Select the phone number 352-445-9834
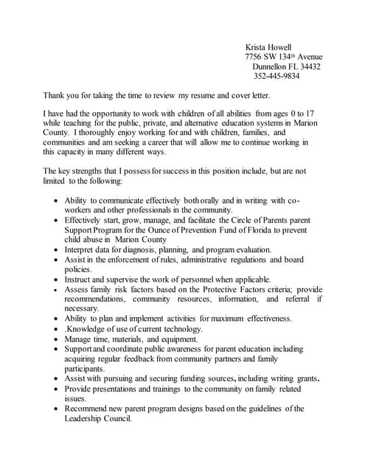click(277, 76)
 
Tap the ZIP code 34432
click(308, 66)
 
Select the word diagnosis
click(147, 249)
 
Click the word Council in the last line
click(116, 418)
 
